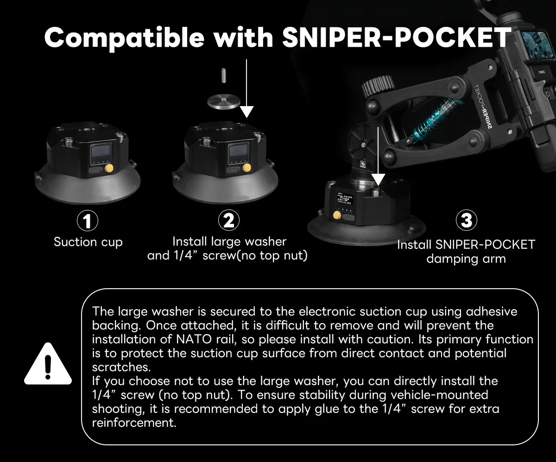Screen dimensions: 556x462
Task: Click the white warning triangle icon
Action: [48, 364]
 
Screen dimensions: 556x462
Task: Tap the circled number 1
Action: [88, 221]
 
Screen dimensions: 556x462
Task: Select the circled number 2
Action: [229, 221]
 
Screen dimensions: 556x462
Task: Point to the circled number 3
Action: [467, 221]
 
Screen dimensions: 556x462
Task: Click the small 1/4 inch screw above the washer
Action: [224, 76]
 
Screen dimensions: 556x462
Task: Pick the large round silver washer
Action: [224, 102]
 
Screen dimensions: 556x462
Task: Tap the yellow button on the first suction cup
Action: [109, 168]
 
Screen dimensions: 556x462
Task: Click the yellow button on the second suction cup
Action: [246, 168]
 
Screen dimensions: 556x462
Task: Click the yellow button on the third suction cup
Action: [337, 215]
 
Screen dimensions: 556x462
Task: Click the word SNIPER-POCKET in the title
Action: [397, 37]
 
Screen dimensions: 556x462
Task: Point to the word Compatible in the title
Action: [124, 38]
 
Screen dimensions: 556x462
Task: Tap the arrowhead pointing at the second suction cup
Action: [246, 112]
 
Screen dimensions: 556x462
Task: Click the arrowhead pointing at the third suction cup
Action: [378, 180]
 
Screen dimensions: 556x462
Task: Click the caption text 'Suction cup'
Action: [88, 242]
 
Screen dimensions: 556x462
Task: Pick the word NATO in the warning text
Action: [194, 339]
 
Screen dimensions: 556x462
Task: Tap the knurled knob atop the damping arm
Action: [378, 85]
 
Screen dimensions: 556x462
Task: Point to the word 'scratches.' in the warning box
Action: [121, 367]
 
